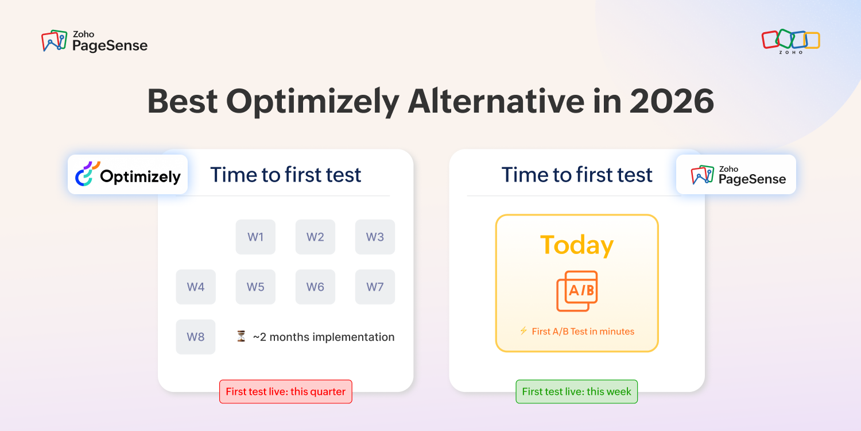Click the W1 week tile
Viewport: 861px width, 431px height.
255,237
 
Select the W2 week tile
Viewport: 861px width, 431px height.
315,237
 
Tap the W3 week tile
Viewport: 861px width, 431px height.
375,237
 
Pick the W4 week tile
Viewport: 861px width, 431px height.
196,287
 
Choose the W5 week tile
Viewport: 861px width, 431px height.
255,287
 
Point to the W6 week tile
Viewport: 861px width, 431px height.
315,287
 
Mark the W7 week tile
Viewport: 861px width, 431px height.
375,287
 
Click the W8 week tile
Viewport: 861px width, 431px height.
196,337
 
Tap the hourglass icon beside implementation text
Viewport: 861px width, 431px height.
241,336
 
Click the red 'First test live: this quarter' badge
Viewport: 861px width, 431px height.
286,391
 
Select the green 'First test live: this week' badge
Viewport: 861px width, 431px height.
576,391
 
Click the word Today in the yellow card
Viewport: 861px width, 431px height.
577,245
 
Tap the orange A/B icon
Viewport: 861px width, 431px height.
577,291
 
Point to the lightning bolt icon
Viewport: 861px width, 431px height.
523,330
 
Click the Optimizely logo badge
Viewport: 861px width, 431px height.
127,174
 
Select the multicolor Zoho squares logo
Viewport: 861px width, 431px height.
790,41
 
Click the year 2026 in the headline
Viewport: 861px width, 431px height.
672,101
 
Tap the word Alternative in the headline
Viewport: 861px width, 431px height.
497,101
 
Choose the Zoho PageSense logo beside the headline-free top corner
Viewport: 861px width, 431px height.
94,41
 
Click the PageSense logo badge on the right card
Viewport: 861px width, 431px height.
736,174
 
